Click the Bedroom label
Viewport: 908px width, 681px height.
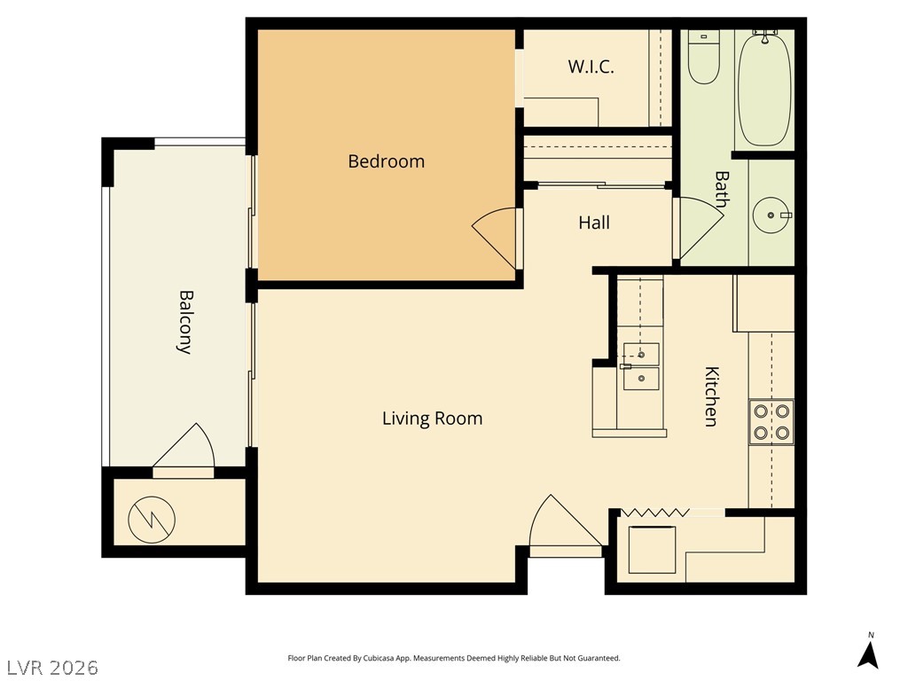click(x=387, y=161)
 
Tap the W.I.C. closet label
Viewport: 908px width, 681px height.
click(x=591, y=67)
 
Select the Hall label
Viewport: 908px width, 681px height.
click(x=594, y=223)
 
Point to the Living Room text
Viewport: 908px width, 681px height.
click(x=432, y=419)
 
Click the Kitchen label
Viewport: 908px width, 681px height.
click(x=711, y=396)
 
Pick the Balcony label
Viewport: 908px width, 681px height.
click(x=184, y=322)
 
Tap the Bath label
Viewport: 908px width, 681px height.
click(x=722, y=189)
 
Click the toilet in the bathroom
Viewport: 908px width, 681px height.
click(x=703, y=57)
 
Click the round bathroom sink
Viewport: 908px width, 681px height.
click(x=771, y=215)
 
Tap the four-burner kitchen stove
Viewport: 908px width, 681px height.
click(x=771, y=422)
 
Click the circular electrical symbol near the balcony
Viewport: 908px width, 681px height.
click(x=152, y=520)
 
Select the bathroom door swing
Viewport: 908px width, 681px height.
click(x=701, y=229)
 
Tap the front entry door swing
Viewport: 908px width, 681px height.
click(x=565, y=521)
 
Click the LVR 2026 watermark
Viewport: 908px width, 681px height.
click(x=50, y=668)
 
